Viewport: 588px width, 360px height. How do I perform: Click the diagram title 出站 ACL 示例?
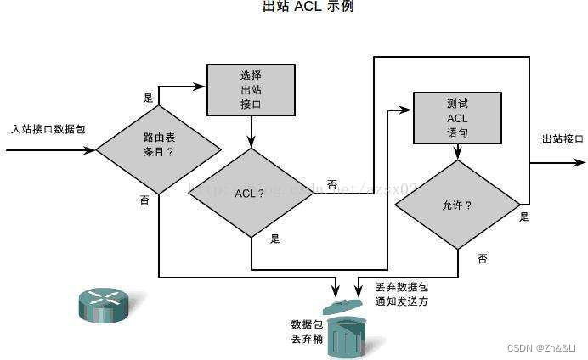tap(308, 8)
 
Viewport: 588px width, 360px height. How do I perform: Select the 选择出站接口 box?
tap(252, 90)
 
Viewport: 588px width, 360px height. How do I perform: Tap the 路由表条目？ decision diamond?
tap(158, 150)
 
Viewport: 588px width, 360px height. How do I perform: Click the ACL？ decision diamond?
tap(252, 193)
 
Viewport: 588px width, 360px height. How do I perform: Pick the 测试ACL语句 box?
tap(457, 118)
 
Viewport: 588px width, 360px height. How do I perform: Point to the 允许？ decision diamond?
tap(457, 205)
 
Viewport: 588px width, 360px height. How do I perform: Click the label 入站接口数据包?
tap(48, 130)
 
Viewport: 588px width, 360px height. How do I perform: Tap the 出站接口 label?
tap(563, 139)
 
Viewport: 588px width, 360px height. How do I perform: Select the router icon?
tap(101, 303)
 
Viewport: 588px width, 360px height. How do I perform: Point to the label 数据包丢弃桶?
tap(304, 331)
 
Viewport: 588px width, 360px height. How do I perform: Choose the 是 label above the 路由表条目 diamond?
tap(149, 98)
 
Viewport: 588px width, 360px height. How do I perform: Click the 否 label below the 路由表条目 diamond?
tap(144, 200)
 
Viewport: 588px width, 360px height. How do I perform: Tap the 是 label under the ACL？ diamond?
tap(274, 239)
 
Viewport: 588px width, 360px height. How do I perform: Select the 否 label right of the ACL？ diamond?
tap(331, 184)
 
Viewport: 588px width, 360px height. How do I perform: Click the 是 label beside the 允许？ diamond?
tap(524, 217)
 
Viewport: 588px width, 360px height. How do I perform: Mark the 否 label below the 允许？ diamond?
tap(482, 258)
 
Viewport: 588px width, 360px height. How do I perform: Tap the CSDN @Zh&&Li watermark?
tap(545, 349)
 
